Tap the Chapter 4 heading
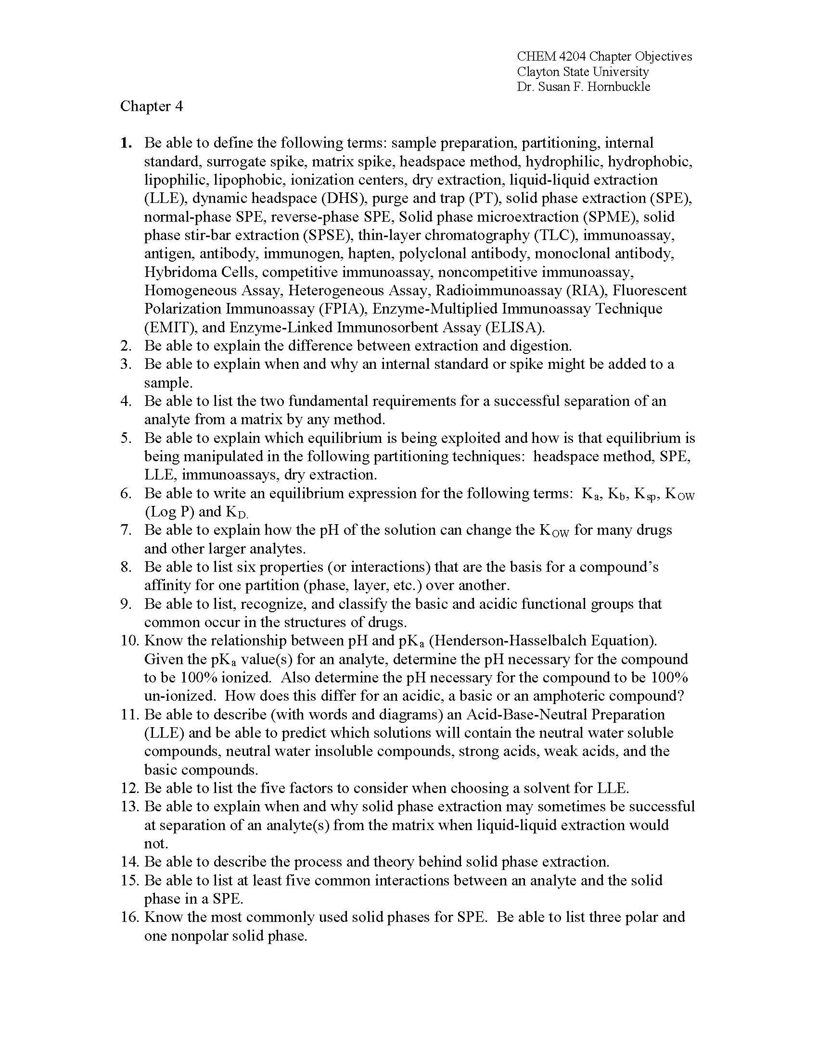(152, 106)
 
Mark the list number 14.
(129, 862)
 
